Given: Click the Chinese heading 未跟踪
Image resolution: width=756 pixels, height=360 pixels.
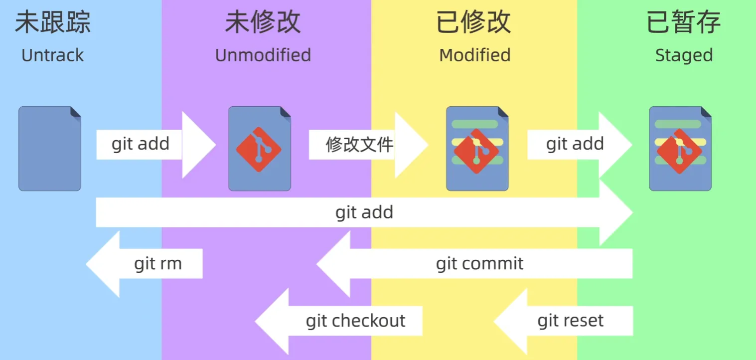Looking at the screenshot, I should [52, 22].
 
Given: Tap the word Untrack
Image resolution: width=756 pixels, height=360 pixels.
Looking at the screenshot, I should [52, 55].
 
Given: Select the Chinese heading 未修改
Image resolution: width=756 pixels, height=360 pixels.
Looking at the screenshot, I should [263, 22].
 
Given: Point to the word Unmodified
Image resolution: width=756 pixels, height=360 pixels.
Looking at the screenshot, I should [263, 55].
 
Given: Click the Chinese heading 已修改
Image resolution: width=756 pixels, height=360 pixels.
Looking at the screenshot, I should [474, 22].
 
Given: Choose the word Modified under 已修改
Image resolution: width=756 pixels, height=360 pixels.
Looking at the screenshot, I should [474, 55].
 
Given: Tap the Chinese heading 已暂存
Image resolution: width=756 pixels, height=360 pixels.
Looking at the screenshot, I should [684, 22].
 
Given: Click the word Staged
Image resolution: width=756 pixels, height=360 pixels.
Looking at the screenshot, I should [684, 55].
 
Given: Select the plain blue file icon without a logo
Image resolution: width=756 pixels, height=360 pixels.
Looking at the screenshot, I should [50, 149].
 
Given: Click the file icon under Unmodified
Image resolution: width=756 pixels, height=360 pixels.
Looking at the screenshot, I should [260, 149].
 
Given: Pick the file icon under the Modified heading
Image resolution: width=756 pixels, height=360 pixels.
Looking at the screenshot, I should [477, 149].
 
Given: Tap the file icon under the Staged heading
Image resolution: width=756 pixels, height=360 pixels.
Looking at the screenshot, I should [680, 149].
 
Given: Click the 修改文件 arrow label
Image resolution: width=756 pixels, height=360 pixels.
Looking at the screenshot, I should [359, 145].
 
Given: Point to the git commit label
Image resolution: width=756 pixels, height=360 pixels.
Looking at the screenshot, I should [479, 263].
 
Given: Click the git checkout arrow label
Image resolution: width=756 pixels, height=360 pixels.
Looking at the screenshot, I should [355, 321].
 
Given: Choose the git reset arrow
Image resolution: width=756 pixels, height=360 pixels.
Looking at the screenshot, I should [570, 321].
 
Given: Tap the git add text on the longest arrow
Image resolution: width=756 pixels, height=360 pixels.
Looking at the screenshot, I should [364, 212].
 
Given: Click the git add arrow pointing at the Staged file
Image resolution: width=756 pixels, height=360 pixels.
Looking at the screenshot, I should [575, 145].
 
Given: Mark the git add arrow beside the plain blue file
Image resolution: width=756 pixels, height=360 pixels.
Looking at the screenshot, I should [141, 145].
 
